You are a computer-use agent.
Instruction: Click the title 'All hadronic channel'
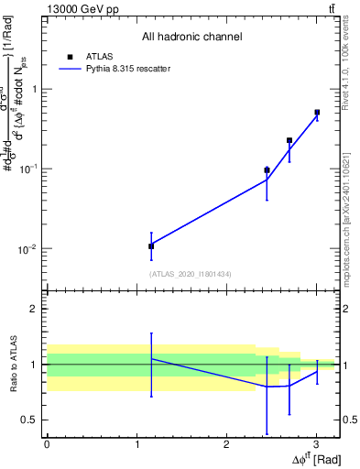tap(191, 38)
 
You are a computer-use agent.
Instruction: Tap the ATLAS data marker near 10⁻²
tap(151, 245)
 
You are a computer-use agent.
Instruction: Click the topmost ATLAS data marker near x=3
tap(317, 113)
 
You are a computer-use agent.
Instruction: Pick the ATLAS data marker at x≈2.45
tap(267, 170)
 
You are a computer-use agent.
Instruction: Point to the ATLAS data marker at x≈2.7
tap(289, 140)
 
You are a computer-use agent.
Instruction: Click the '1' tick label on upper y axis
tap(34, 89)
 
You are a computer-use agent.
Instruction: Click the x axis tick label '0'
tap(47, 444)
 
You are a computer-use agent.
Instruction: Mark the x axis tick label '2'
tap(226, 444)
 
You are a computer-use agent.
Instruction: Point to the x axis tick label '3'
tap(316, 444)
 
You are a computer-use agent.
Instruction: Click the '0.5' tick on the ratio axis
tap(30, 420)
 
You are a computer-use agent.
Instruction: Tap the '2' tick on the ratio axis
tap(34, 309)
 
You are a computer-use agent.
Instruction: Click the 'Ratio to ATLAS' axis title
tap(14, 365)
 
